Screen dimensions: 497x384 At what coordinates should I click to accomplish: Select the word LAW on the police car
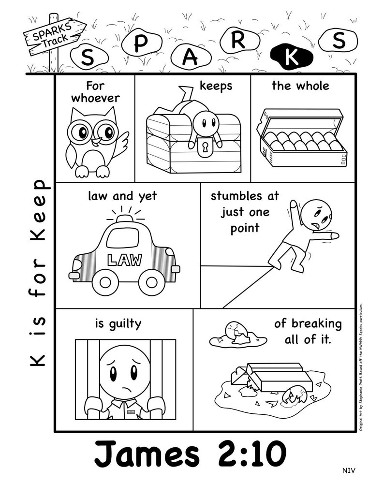tap(125, 260)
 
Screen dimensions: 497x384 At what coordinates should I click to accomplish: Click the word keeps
tap(216, 86)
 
